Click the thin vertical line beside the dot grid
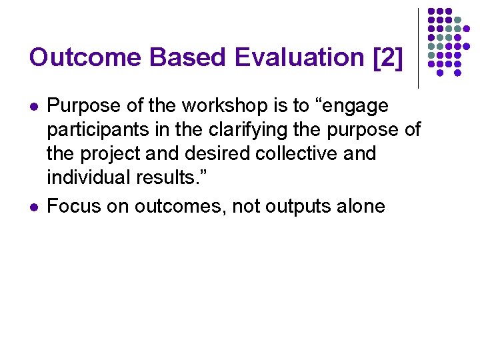click(x=418, y=48)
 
